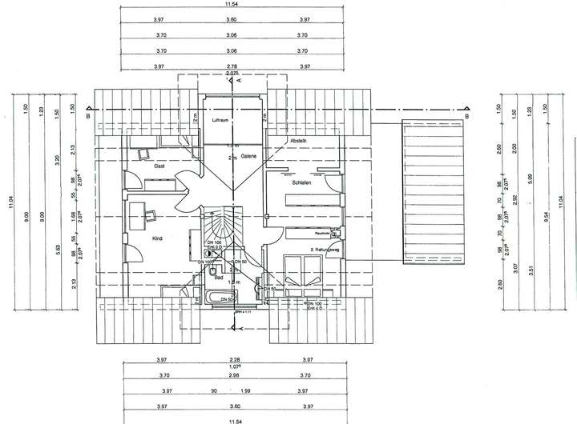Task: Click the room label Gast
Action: pyautogui.click(x=159, y=166)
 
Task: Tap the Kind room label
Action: pyautogui.click(x=157, y=238)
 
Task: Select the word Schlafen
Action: pyautogui.click(x=301, y=183)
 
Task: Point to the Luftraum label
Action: pyautogui.click(x=221, y=119)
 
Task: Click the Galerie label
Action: pyautogui.click(x=248, y=156)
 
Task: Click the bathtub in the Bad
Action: pyautogui.click(x=218, y=299)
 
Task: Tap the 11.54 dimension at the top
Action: pyautogui.click(x=231, y=5)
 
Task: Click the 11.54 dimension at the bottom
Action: pyautogui.click(x=233, y=418)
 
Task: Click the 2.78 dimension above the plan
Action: pyautogui.click(x=232, y=66)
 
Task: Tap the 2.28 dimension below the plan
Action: pyautogui.click(x=233, y=360)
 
